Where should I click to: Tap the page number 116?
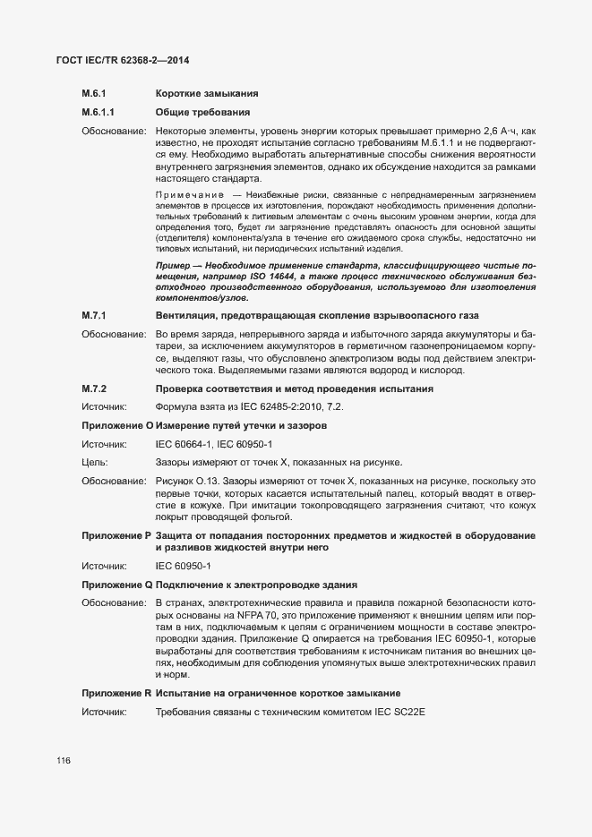[63, 761]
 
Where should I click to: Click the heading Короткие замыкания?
[208, 94]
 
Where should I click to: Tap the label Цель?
[95, 463]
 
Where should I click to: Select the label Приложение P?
[117, 535]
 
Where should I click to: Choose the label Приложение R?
[117, 693]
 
